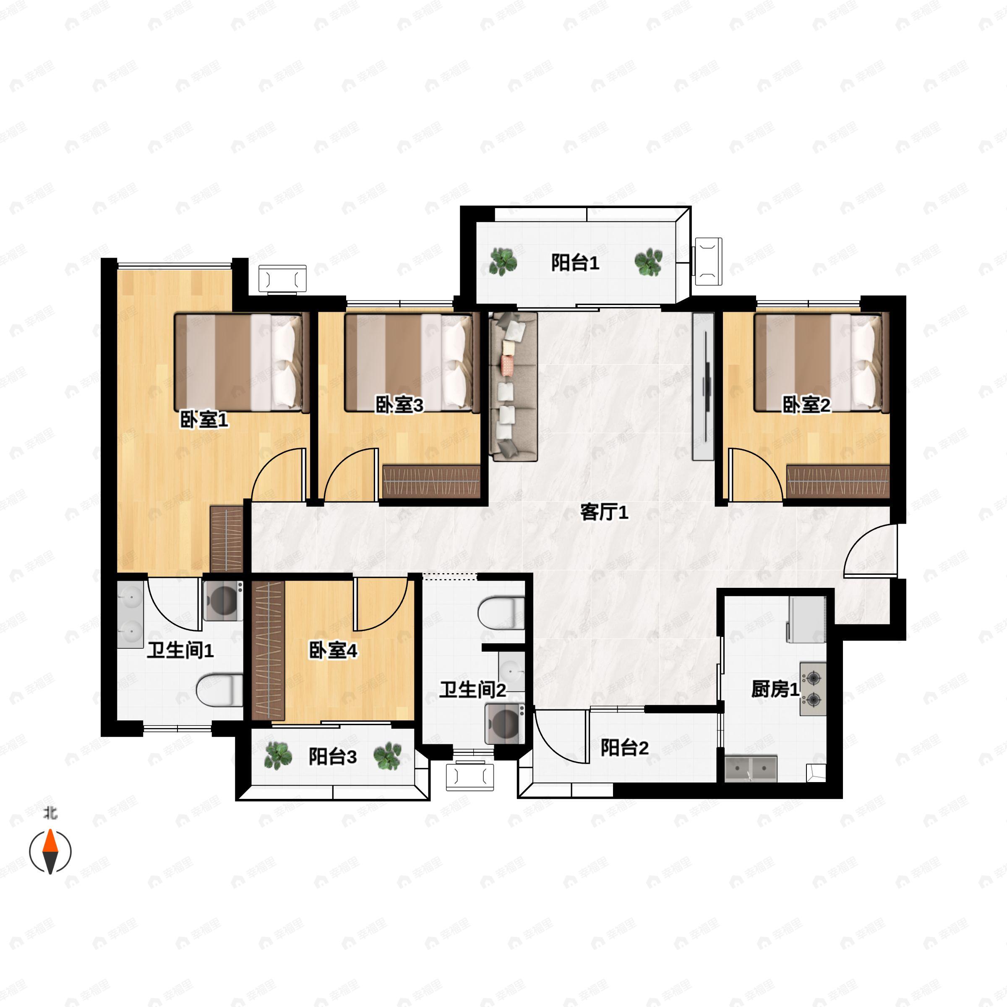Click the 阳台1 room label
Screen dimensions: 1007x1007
(x=575, y=263)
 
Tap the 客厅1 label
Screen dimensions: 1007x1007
(x=604, y=512)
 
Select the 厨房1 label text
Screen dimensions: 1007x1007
(x=775, y=689)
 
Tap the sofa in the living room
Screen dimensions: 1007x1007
(x=514, y=387)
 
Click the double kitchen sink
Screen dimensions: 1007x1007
(x=751, y=769)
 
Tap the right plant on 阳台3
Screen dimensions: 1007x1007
(x=387, y=756)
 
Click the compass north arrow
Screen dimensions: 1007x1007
(x=50, y=852)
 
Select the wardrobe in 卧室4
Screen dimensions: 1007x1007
(x=269, y=650)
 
